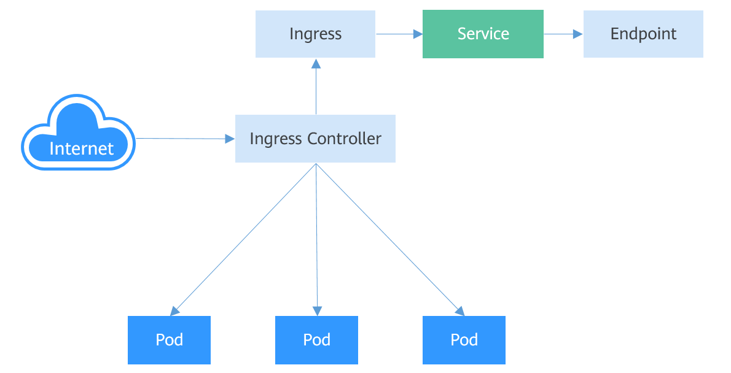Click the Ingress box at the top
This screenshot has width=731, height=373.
(315, 34)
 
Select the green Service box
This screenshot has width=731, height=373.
(483, 34)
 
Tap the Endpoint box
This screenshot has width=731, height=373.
(643, 34)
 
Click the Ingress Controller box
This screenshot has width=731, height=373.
(315, 139)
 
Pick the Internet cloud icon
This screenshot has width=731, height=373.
(79, 133)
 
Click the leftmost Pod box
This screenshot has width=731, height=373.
(169, 340)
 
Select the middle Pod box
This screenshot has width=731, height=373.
(316, 340)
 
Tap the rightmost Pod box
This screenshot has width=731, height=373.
(464, 340)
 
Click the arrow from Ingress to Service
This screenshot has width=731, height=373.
(399, 34)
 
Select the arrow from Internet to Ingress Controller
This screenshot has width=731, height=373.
(184, 139)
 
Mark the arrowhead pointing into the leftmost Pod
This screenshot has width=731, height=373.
(174, 310)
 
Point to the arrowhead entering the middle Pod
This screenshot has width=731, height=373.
(317, 310)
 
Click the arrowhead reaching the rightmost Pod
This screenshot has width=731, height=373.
(459, 310)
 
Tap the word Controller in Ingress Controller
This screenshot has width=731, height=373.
(345, 139)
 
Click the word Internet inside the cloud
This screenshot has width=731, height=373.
(81, 148)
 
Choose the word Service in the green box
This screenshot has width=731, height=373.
(483, 34)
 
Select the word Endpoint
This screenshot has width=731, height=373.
(643, 34)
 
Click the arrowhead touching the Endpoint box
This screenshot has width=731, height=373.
(578, 34)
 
